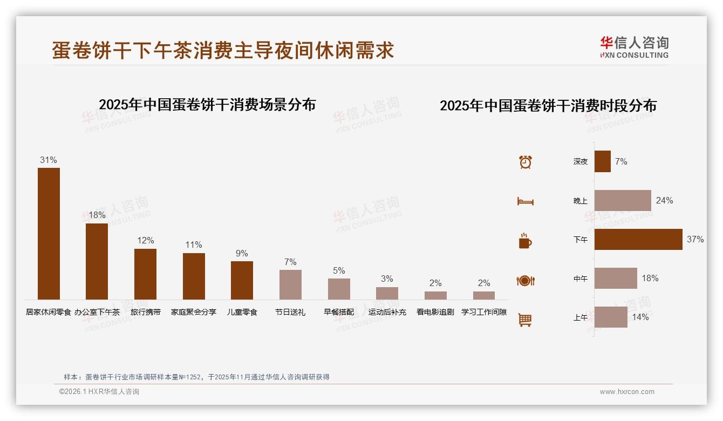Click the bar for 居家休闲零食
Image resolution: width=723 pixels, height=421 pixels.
[x=49, y=233]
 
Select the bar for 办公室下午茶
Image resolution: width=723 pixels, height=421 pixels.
[x=97, y=261]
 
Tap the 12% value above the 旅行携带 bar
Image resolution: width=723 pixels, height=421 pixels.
[x=146, y=241]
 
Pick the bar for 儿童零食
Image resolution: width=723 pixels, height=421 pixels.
[x=242, y=280]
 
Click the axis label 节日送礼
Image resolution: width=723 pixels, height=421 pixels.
[x=290, y=312]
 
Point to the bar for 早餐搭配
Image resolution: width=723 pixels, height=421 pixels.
[x=339, y=289]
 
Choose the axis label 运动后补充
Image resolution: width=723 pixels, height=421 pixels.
[x=387, y=312]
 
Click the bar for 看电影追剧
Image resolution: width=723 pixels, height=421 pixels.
[x=435, y=295]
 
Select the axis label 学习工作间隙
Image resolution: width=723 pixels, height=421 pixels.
[x=484, y=312]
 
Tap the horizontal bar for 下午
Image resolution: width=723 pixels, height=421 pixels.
[x=638, y=239]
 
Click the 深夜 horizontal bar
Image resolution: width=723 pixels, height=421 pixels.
[x=603, y=161]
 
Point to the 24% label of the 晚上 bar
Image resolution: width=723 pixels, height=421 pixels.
[x=664, y=201]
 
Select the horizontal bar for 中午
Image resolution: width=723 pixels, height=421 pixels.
[x=616, y=279]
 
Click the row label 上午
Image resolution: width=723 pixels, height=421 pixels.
[x=581, y=317]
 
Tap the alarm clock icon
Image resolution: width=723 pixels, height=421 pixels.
[x=526, y=162]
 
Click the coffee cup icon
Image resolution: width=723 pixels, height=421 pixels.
[x=525, y=241]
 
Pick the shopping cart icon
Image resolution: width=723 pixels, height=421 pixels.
[x=525, y=320]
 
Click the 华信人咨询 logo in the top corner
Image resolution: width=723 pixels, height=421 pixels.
[x=634, y=47]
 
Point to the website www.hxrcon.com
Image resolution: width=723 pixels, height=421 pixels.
[x=627, y=392]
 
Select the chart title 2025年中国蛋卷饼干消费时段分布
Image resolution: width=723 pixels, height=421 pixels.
[x=548, y=106]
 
